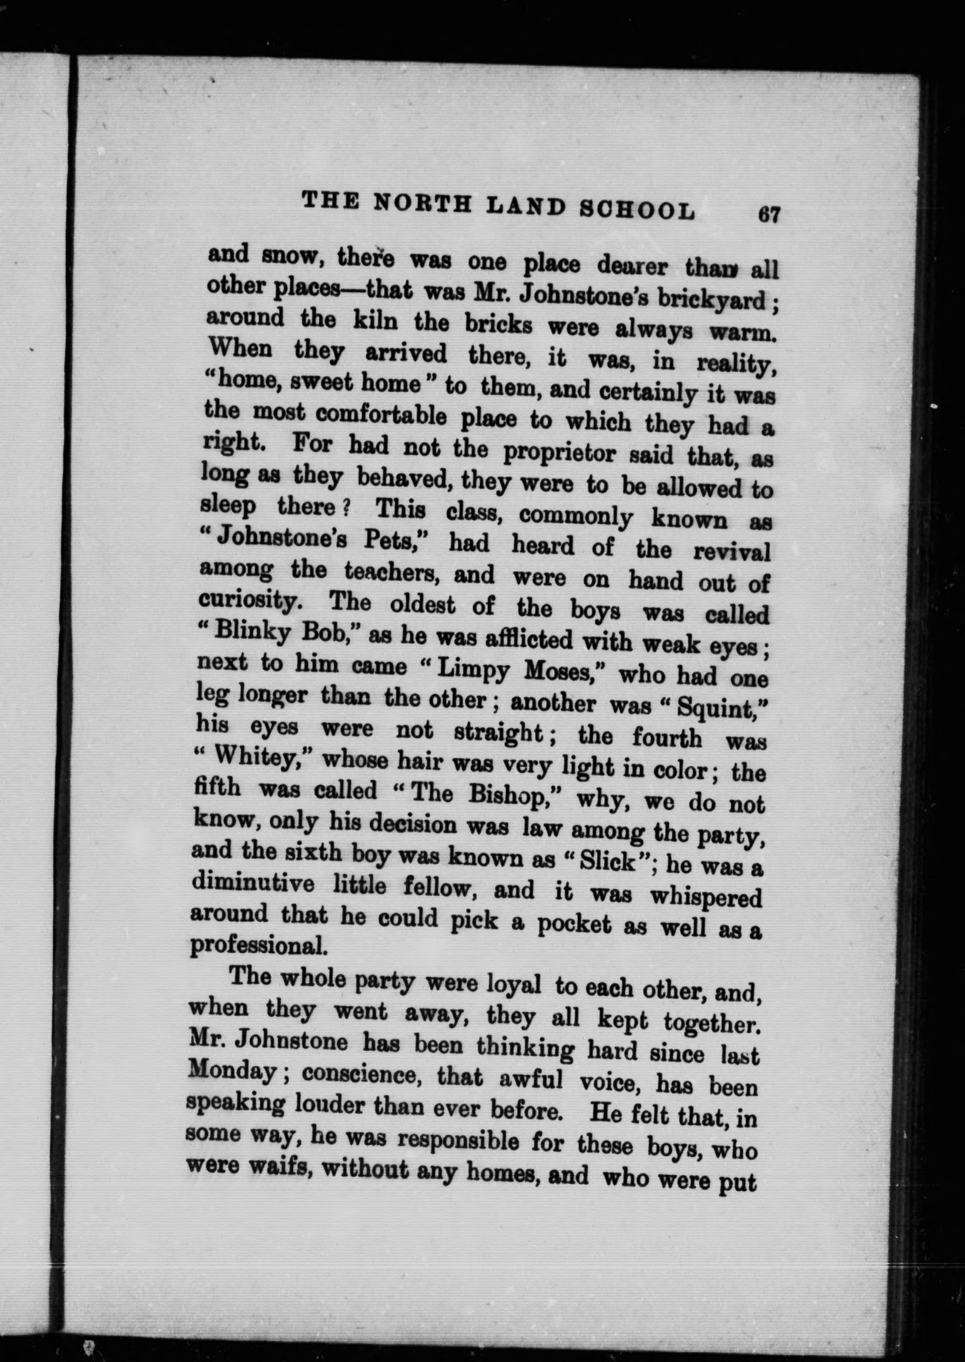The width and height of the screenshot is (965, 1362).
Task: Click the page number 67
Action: pyautogui.click(x=768, y=214)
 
